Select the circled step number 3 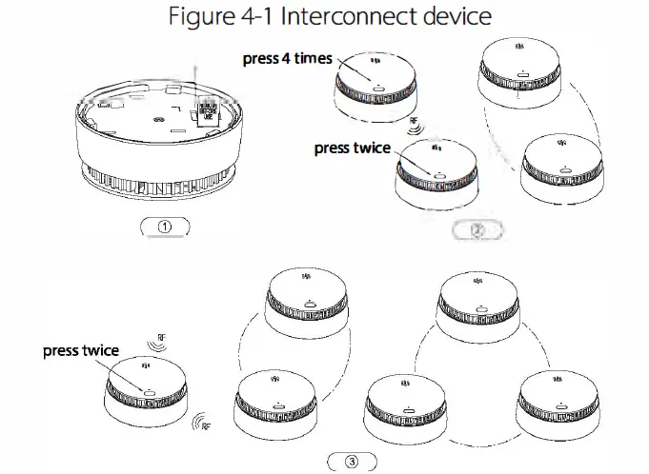pyautogui.click(x=352, y=463)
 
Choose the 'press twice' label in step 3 pyautogui.click(x=81, y=350)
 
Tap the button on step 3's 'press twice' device pyautogui.click(x=151, y=390)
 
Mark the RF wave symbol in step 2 pyautogui.click(x=416, y=124)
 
